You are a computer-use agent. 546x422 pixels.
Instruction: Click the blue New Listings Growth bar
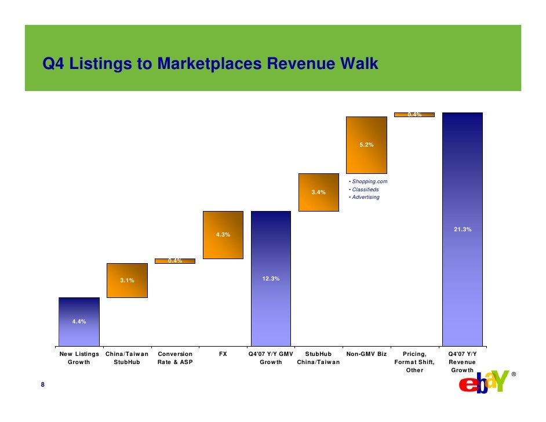(x=79, y=322)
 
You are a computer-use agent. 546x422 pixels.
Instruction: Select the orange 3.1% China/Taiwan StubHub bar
(x=127, y=281)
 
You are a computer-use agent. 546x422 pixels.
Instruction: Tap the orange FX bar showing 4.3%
(x=223, y=235)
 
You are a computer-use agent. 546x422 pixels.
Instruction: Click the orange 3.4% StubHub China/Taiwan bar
(x=318, y=192)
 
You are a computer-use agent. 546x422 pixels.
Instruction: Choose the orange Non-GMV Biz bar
(x=366, y=145)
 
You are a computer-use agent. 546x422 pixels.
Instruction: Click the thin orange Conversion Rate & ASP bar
(x=175, y=261)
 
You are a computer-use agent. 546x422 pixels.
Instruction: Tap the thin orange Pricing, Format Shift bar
(x=414, y=115)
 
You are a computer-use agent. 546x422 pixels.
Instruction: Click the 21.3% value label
(x=462, y=230)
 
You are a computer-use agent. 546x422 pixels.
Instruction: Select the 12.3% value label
(x=271, y=279)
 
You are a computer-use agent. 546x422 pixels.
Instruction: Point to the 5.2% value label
(x=366, y=145)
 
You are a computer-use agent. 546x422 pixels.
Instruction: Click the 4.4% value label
(x=79, y=321)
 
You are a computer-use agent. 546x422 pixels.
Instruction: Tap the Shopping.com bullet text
(x=368, y=182)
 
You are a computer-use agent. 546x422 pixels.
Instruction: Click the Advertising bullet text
(x=365, y=197)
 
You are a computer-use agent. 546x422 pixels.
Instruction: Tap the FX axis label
(x=223, y=353)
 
